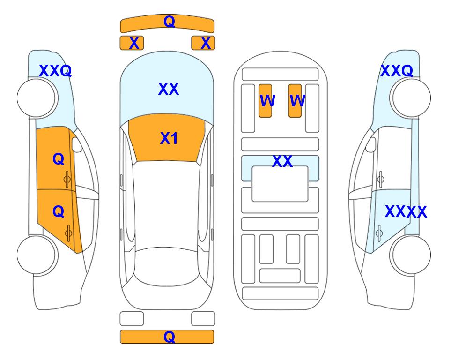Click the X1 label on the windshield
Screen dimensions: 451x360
coord(169,138)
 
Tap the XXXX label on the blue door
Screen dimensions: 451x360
coord(406,212)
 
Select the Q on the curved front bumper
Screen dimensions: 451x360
coord(169,21)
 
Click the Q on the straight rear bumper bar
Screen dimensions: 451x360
coord(169,337)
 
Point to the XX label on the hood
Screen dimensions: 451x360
coord(169,89)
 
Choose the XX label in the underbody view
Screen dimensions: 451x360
coord(282,161)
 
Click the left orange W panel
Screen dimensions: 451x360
coord(265,101)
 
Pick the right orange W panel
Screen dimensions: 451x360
coord(295,101)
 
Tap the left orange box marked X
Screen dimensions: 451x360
coord(132,43)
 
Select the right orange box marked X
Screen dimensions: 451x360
coord(203,43)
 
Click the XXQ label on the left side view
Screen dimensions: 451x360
coord(55,71)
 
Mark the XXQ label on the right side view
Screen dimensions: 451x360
coord(397,71)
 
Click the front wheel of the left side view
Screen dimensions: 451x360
coord(36,98)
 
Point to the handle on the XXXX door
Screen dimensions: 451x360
coord(379,233)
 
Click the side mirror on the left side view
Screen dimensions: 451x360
coord(77,144)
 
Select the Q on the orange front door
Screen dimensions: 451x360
coord(59,159)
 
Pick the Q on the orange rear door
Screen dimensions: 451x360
coord(59,212)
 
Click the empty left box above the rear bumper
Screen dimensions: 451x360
coord(132,319)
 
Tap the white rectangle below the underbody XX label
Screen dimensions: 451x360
coord(280,184)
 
